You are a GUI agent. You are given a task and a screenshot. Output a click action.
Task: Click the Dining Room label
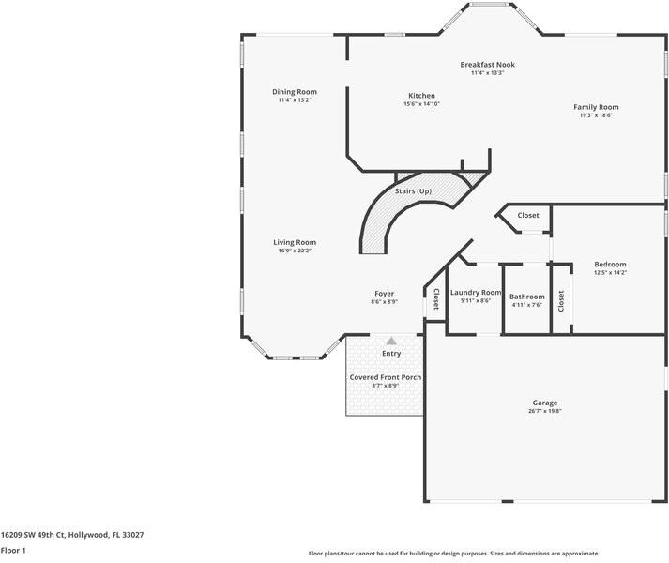[295, 92]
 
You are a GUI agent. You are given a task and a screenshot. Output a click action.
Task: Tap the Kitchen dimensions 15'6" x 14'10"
[421, 103]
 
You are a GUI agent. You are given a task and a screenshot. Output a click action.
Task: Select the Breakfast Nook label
[487, 65]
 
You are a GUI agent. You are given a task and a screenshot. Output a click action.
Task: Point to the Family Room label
[596, 107]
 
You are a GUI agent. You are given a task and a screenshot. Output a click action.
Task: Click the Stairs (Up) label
[413, 191]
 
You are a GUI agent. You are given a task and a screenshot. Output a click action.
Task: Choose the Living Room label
[295, 242]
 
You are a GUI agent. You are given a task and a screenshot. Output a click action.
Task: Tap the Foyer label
[384, 294]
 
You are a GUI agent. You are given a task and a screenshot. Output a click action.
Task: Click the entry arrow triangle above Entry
[391, 341]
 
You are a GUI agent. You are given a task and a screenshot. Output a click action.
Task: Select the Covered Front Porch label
[386, 377]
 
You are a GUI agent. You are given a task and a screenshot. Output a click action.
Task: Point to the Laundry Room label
[476, 293]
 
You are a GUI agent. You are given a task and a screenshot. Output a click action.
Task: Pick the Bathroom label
[527, 297]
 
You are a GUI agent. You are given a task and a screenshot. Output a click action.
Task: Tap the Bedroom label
[610, 265]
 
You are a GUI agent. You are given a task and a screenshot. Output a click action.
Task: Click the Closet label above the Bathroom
[528, 215]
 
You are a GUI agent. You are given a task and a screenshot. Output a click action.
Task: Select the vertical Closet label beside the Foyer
[435, 299]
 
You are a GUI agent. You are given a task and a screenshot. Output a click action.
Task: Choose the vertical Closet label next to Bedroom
[561, 300]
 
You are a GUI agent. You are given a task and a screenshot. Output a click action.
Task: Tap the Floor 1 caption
[13, 550]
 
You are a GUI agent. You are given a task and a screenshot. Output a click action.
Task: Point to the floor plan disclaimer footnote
[453, 554]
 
